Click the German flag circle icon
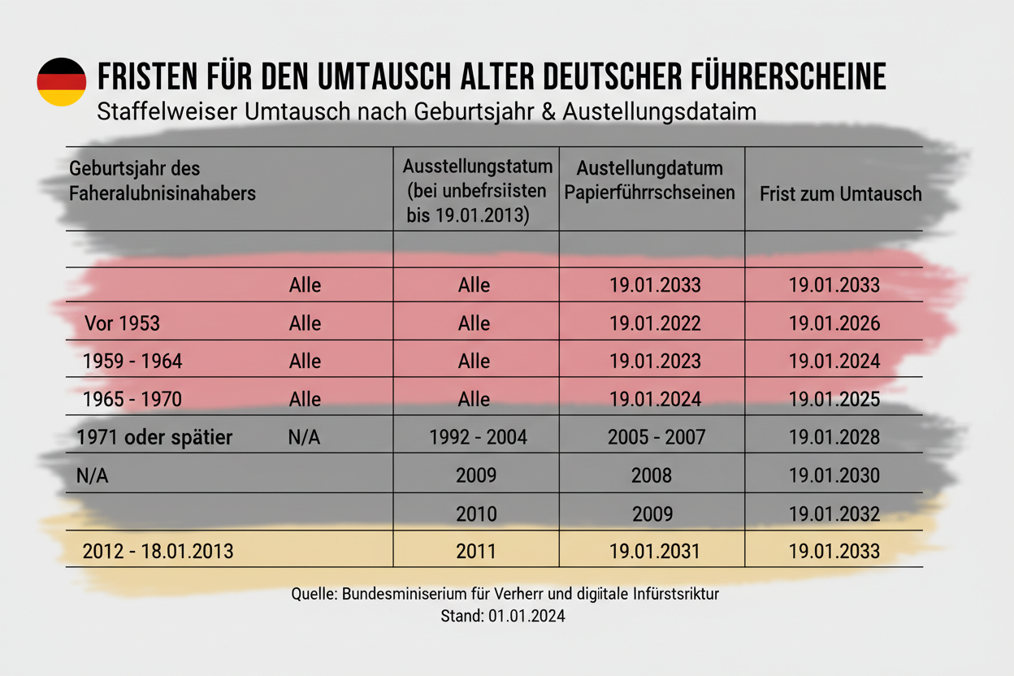tap(61, 82)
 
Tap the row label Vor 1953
tap(122, 323)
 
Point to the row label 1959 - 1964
tap(132, 362)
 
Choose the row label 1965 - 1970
tap(132, 400)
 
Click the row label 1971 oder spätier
tap(154, 438)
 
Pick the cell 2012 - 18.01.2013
tap(158, 552)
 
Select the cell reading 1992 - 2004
tap(478, 438)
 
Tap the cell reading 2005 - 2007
tap(656, 438)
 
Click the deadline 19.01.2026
tap(834, 323)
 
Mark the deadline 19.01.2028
tap(834, 438)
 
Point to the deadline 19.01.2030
tap(834, 476)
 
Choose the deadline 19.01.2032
tap(834, 514)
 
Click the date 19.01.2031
tap(655, 552)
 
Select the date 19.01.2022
tap(655, 323)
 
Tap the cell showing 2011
tap(476, 552)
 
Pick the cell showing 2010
tap(476, 514)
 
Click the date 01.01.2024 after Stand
tap(526, 617)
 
